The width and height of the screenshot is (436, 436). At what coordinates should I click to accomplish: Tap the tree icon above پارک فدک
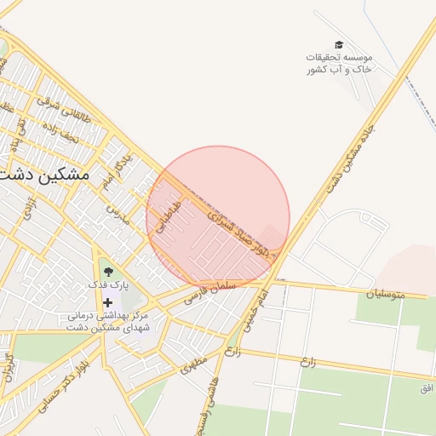click(107, 272)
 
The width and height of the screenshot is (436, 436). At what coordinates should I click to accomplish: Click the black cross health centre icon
click(107, 302)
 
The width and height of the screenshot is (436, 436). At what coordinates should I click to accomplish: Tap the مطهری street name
click(193, 367)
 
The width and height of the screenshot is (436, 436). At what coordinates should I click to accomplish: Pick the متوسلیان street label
click(387, 294)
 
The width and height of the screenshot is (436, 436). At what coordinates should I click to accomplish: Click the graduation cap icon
click(339, 44)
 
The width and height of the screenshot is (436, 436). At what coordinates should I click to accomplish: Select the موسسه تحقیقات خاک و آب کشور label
click(339, 63)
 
